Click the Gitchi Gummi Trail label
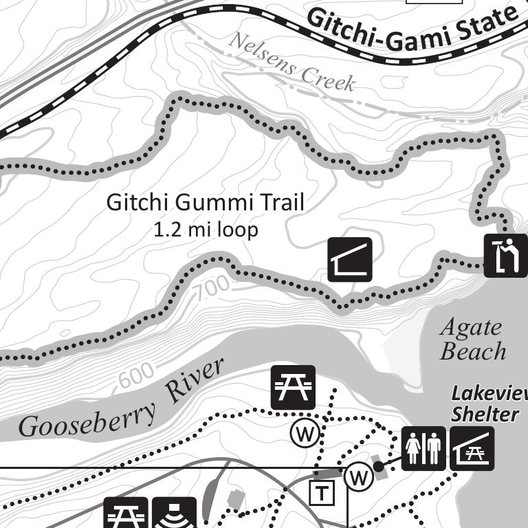tap(205, 203)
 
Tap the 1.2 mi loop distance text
tap(206, 230)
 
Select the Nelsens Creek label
tap(291, 63)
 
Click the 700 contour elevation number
tap(212, 291)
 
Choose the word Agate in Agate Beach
tap(471, 327)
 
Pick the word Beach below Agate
tap(473, 352)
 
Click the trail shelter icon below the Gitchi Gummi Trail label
tap(349, 260)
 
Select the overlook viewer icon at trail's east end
tap(505, 256)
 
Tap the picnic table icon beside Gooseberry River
tap(293, 388)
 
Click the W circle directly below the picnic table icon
tap(302, 433)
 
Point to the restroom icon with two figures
tap(423, 448)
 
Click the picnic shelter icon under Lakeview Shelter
tap(472, 448)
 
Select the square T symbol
tap(321, 492)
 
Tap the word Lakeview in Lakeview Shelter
tap(489, 394)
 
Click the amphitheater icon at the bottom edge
tap(174, 514)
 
